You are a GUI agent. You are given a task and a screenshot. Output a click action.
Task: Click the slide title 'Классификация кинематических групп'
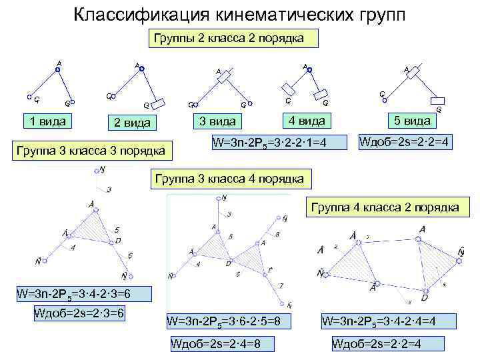point(239,14)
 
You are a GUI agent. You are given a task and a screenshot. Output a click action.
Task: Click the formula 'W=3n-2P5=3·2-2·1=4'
point(277,141)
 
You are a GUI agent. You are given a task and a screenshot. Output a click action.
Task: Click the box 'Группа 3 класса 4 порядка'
point(229,179)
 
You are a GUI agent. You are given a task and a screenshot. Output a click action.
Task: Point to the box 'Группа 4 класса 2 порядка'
point(385,208)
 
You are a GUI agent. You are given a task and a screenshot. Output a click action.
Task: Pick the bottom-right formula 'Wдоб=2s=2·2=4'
point(380,344)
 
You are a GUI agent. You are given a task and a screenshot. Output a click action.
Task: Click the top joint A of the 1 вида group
point(57,69)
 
